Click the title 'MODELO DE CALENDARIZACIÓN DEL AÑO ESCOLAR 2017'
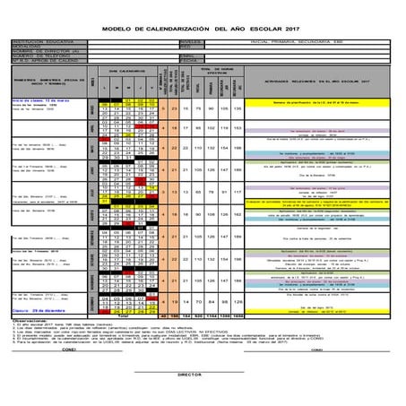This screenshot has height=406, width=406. point(203,29)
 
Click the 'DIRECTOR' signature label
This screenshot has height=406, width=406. point(189,375)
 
